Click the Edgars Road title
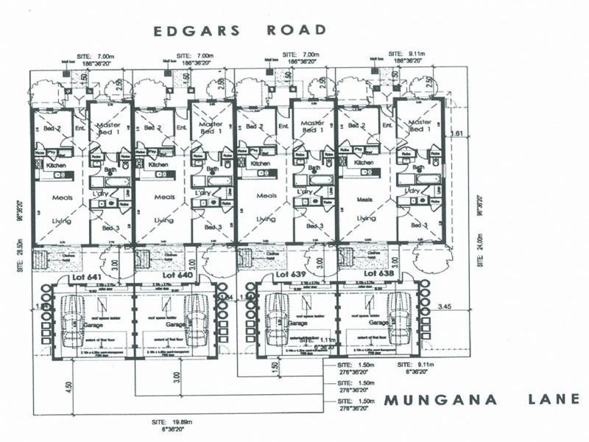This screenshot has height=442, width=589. pos(239,30)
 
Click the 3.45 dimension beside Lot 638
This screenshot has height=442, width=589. pos(445,304)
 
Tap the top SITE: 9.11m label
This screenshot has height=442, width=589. pos(406,55)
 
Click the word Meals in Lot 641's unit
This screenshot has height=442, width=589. pos(60,197)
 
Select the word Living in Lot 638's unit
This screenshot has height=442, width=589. pos(366,219)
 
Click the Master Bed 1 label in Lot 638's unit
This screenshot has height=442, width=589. pos(420,126)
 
